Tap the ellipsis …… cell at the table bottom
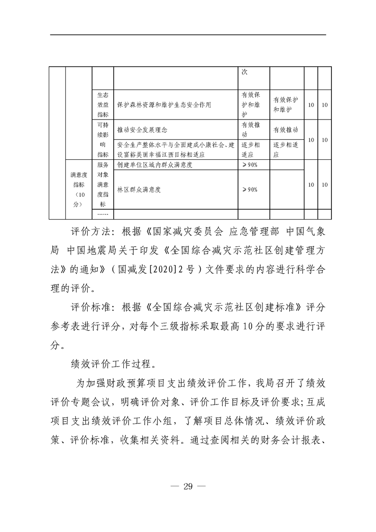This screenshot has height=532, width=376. point(102,215)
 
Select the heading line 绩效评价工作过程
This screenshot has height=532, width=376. point(107,365)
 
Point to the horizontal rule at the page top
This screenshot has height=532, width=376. point(188,35)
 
